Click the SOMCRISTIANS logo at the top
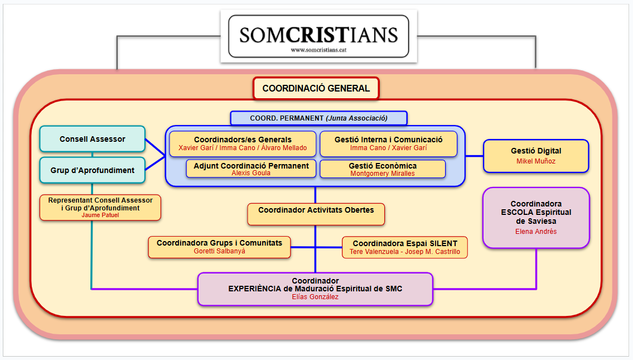[x=318, y=35]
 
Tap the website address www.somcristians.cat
[x=318, y=50]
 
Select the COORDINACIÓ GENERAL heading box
[x=316, y=88]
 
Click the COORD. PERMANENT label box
[x=318, y=118]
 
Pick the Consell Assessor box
[x=93, y=139]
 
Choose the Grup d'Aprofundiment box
[x=93, y=170]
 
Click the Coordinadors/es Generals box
[x=243, y=143]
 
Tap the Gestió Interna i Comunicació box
[x=388, y=143]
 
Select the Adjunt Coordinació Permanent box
[x=251, y=169]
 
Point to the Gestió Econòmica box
[x=383, y=169]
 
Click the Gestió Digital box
[x=536, y=156]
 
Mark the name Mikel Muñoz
[x=536, y=161]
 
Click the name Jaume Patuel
[x=100, y=215]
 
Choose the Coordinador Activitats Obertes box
[x=316, y=214]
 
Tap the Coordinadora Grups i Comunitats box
[x=219, y=247]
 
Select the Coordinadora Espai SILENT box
[x=405, y=247]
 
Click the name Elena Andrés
[x=536, y=232]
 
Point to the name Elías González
[x=315, y=297]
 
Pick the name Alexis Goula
[x=251, y=173]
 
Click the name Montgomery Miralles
[x=383, y=174]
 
